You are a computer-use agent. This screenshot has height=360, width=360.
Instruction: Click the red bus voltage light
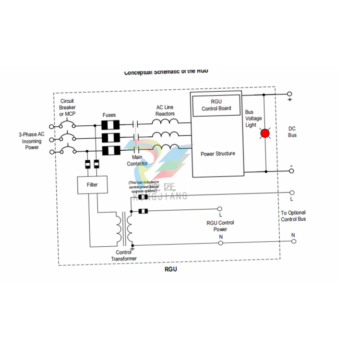point(264,133)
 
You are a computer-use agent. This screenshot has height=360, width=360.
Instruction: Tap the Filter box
point(92,184)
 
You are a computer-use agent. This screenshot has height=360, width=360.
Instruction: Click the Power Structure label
point(217,154)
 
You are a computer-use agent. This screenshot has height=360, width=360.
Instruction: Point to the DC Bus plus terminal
point(289,94)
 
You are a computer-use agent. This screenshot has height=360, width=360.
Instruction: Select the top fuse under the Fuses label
point(110,125)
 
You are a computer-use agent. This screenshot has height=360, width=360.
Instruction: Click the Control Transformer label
point(124,255)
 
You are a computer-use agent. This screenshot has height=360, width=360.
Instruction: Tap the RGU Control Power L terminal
point(220,209)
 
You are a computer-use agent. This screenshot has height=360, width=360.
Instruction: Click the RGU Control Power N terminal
point(220,243)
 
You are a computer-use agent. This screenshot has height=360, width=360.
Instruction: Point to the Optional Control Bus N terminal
point(292,241)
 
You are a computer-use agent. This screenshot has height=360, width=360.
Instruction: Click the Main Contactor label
point(137,160)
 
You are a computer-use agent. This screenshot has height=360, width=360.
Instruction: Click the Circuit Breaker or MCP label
point(67,107)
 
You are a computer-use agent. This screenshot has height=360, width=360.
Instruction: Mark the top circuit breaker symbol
point(67,126)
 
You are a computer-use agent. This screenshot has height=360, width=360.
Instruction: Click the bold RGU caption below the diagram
point(170,269)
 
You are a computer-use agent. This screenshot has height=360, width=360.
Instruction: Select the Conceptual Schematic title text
point(166,72)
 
